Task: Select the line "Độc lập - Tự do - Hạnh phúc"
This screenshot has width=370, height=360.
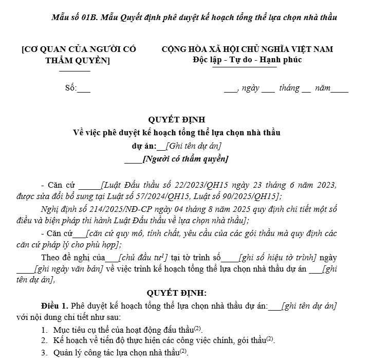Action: tap(244, 60)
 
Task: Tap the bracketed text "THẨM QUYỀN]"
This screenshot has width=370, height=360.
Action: tap(78, 61)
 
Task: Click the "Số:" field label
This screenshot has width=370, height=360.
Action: tap(71, 88)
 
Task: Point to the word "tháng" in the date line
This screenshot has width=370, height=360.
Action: tap(289, 88)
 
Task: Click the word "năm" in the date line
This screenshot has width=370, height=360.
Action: tap(323, 88)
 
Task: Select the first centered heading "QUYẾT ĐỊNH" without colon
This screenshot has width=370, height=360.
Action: tap(177, 121)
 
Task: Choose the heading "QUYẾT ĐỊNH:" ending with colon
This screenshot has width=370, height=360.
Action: tap(177, 294)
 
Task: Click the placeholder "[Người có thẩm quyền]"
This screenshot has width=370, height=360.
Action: tap(186, 159)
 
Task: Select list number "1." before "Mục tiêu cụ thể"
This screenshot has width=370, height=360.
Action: tap(45, 329)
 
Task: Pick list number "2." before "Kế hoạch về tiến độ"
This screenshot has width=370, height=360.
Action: tap(45, 340)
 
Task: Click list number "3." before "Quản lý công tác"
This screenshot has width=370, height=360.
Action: tap(45, 352)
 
